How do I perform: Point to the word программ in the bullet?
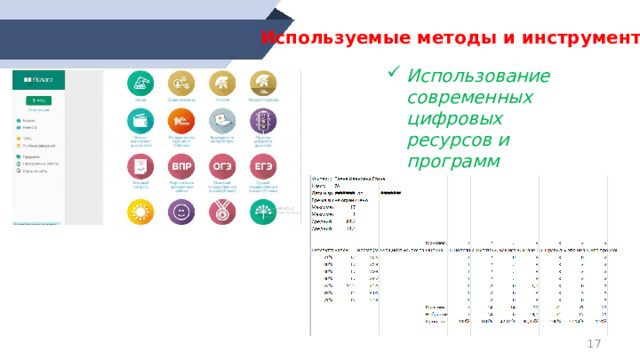[459, 162]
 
